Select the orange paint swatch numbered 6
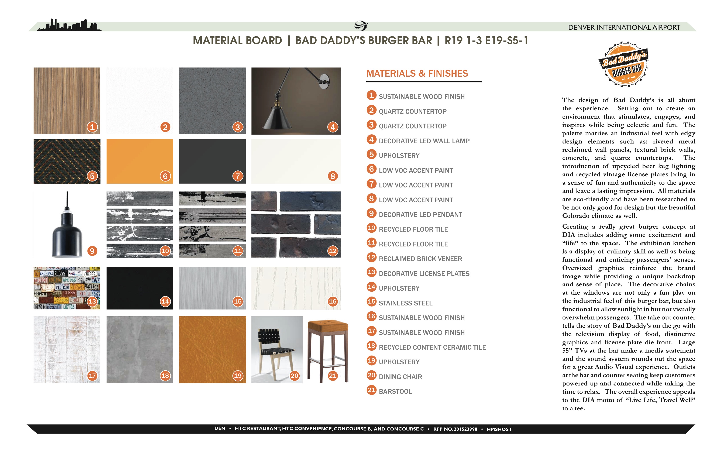(140, 161)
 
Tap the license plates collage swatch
(67, 288)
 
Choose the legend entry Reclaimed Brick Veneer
(420, 259)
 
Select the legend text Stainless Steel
(406, 303)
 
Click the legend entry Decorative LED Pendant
(420, 215)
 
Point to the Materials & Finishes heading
(417, 73)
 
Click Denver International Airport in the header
(624, 27)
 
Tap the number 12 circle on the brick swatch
(333, 251)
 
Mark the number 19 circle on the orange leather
(238, 376)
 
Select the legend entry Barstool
(395, 391)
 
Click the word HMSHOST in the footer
(499, 429)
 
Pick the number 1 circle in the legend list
(372, 95)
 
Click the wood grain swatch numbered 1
(67, 101)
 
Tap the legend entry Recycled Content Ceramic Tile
(432, 347)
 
